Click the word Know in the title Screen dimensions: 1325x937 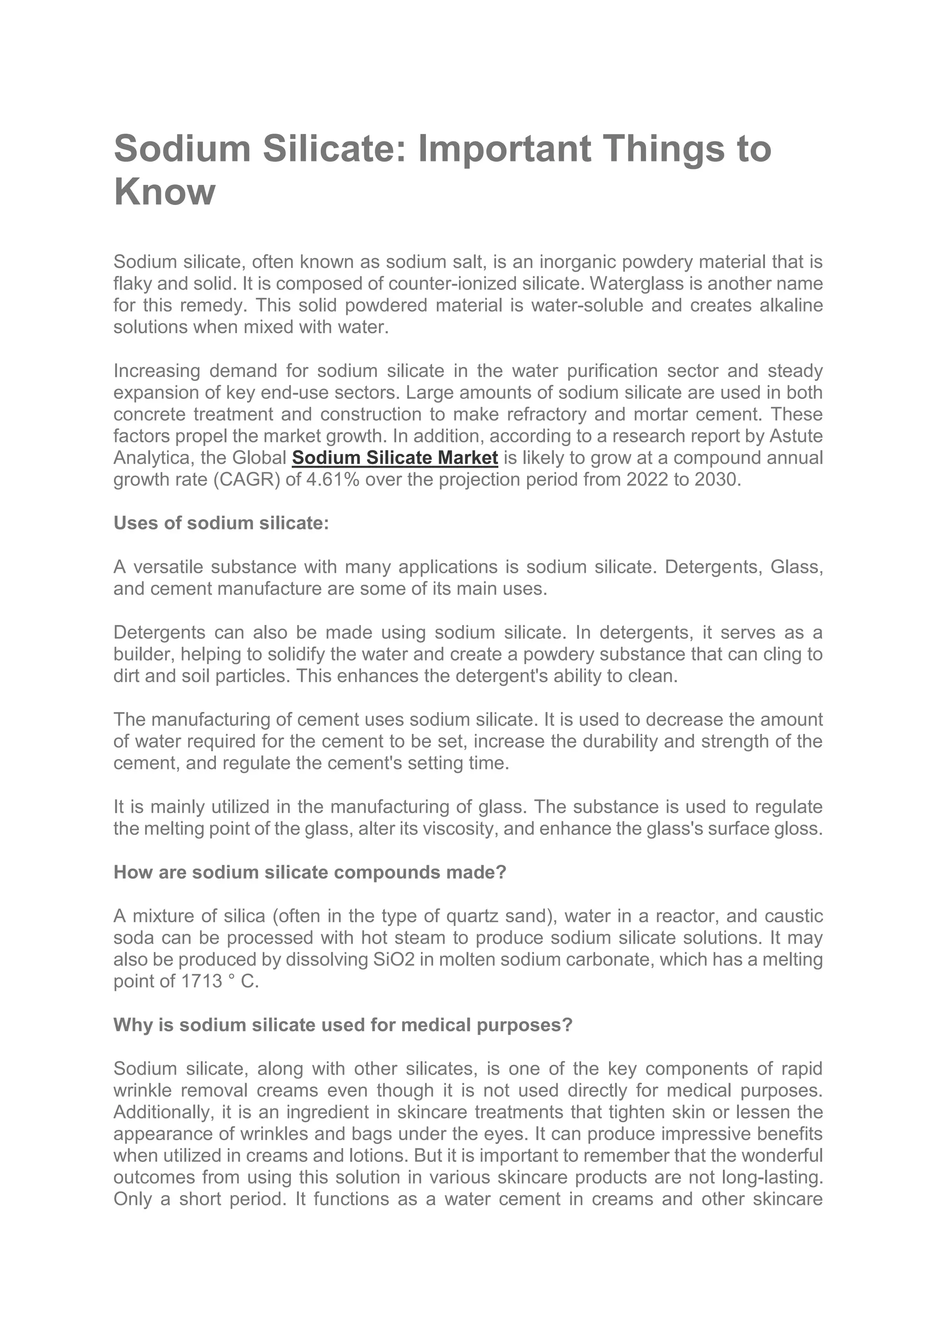coord(164,192)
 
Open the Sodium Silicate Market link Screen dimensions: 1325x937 coord(395,458)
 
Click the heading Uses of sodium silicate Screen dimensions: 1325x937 coord(221,523)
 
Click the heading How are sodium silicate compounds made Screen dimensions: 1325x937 coord(309,872)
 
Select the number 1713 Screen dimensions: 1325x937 coord(201,981)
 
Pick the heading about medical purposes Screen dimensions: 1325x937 coord(343,1025)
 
